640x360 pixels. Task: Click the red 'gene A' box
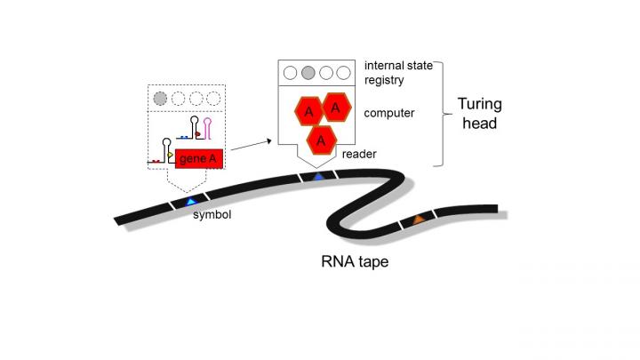pos(196,158)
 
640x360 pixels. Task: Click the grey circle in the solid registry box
pos(308,72)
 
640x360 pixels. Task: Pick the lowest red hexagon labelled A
pos(323,139)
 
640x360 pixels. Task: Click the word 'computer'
pos(389,113)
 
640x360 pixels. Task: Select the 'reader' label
pos(360,154)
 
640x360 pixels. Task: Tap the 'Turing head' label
pos(479,114)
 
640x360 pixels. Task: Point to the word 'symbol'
pos(212,214)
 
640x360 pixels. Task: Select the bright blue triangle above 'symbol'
pos(190,202)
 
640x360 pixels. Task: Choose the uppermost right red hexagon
pos(335,108)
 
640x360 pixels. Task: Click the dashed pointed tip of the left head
pos(186,187)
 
